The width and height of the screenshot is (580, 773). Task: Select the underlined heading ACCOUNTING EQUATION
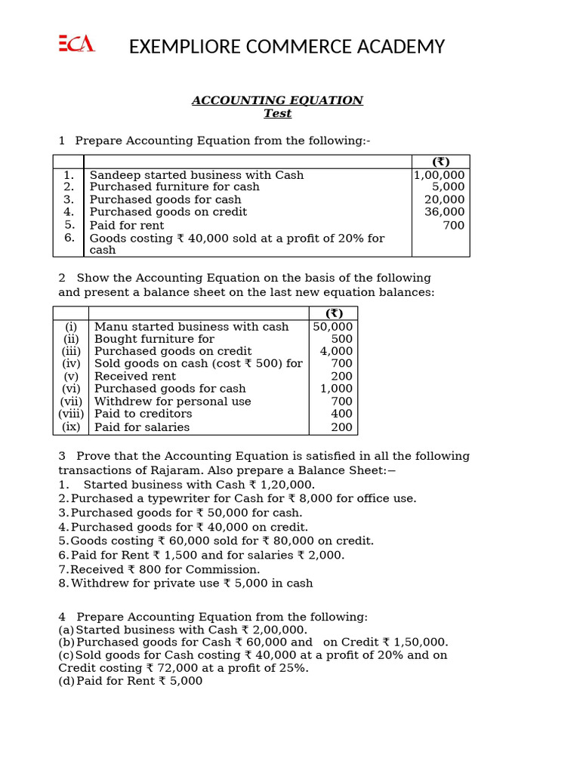pyautogui.click(x=277, y=100)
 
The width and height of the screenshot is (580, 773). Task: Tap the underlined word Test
pyautogui.click(x=277, y=113)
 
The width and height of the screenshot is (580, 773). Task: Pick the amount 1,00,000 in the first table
pyautogui.click(x=440, y=175)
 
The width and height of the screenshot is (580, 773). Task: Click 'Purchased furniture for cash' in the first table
pyautogui.click(x=174, y=187)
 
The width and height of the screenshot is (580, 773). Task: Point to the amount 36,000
pyautogui.click(x=445, y=212)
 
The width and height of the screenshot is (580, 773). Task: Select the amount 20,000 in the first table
pyautogui.click(x=445, y=200)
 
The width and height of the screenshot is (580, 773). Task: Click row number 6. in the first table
pyautogui.click(x=69, y=238)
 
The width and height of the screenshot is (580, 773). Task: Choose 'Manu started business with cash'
pyautogui.click(x=191, y=327)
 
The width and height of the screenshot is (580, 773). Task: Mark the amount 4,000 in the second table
pyautogui.click(x=336, y=351)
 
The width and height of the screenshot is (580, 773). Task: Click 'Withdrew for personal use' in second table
pyautogui.click(x=172, y=402)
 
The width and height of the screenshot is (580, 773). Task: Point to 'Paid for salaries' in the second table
pyautogui.click(x=142, y=427)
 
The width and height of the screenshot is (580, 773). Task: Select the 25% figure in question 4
pyautogui.click(x=293, y=668)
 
